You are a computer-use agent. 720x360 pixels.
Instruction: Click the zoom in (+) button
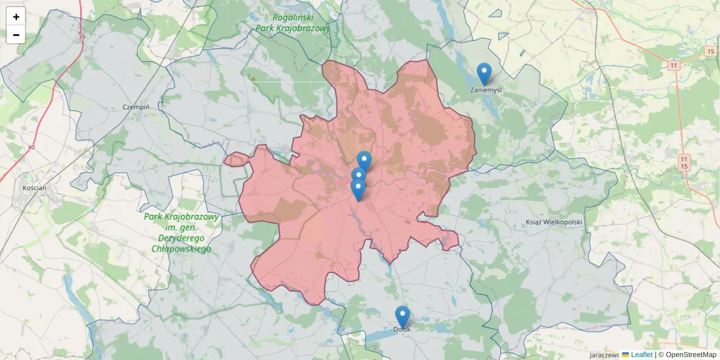16,17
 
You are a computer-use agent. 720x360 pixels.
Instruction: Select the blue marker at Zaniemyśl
484,74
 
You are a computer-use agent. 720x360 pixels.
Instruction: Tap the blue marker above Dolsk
403,316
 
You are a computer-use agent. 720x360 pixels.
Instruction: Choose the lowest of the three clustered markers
358,190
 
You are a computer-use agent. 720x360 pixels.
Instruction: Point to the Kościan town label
34,188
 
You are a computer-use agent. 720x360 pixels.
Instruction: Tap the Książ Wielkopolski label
554,222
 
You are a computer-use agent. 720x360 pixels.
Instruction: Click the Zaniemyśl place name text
486,91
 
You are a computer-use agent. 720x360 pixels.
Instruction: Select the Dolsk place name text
402,329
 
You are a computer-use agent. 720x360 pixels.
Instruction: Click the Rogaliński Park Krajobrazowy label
293,23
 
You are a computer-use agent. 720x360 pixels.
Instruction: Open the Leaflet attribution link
641,355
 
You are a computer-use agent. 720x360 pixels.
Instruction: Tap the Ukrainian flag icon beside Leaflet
625,355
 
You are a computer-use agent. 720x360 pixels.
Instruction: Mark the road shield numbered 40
31,147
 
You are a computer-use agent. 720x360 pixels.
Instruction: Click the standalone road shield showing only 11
674,65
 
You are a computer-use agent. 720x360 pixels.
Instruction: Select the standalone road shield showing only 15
710,52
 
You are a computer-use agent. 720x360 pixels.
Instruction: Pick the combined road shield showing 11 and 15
683,162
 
